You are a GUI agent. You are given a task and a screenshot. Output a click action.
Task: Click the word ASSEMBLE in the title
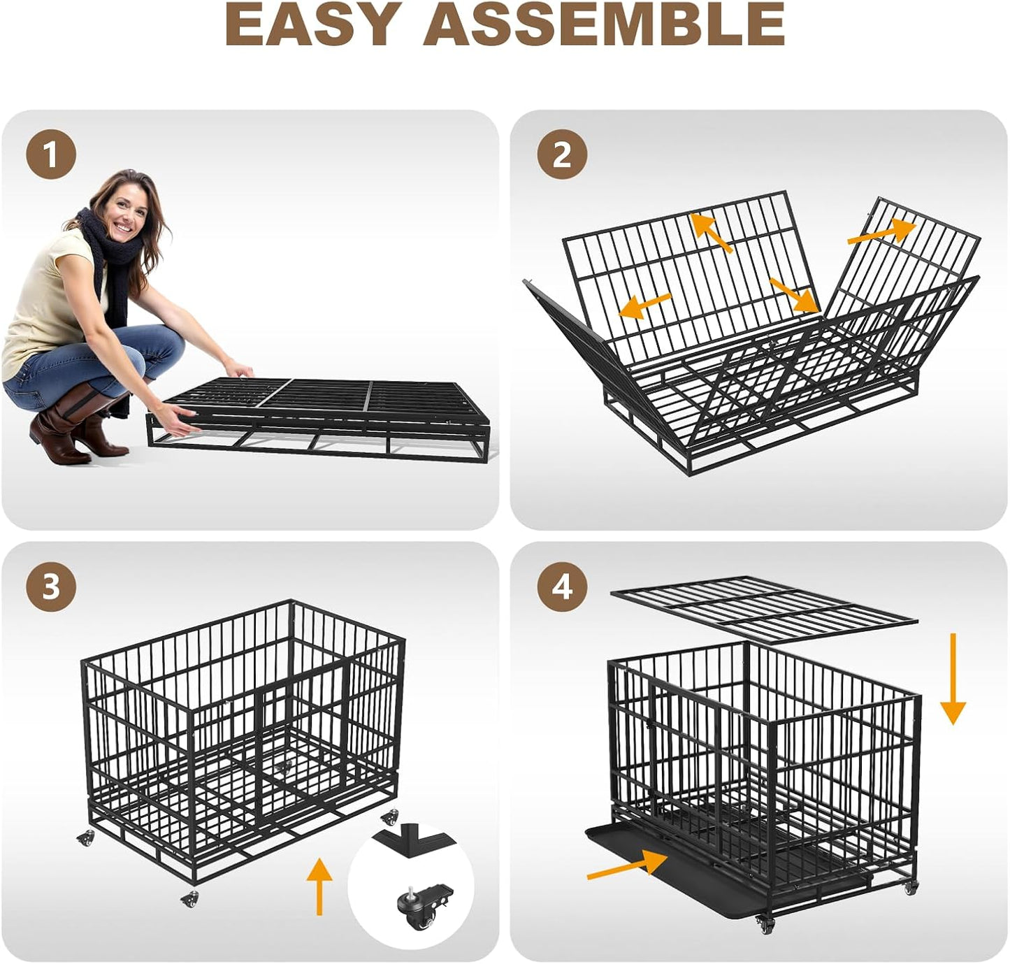pyautogui.click(x=604, y=24)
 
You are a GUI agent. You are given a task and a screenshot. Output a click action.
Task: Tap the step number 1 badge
pyautogui.click(x=51, y=154)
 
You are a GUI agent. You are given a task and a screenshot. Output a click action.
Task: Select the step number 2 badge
pyautogui.click(x=562, y=154)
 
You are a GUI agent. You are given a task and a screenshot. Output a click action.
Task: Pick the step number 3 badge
pyautogui.click(x=51, y=587)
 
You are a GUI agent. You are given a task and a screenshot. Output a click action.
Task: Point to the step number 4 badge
pyautogui.click(x=562, y=587)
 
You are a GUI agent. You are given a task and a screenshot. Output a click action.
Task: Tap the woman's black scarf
pyautogui.click(x=110, y=267)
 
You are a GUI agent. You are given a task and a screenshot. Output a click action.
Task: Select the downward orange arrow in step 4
pyautogui.click(x=953, y=678)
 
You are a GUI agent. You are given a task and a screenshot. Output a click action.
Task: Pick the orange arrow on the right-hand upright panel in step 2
pyautogui.click(x=881, y=232)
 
